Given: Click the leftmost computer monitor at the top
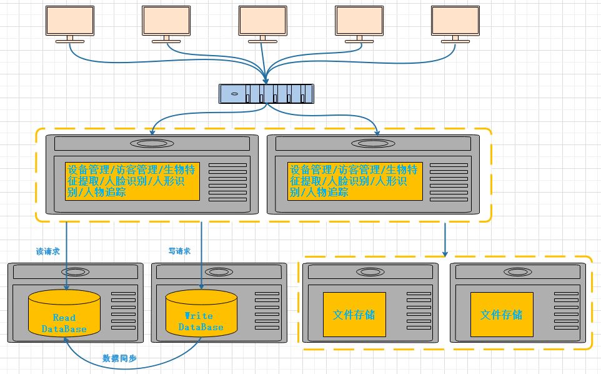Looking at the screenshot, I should click(70, 20).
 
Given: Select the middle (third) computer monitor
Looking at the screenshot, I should click(263, 20).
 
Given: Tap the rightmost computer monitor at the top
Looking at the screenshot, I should click(455, 20).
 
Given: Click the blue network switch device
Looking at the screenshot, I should click(266, 93).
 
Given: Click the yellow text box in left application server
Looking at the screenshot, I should click(132, 181).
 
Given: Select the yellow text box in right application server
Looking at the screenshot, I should click(355, 181).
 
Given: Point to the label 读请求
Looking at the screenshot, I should click(47, 251).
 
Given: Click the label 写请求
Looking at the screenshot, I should click(179, 251).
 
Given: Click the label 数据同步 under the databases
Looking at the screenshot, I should click(120, 359).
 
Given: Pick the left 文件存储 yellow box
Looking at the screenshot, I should click(354, 314).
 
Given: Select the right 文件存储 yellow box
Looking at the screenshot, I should click(502, 314).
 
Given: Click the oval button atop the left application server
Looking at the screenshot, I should click(153, 143).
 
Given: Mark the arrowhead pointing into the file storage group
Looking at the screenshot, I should click(445, 253).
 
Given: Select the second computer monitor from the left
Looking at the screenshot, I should click(166, 20).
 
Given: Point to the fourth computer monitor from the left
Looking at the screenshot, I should click(359, 20).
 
